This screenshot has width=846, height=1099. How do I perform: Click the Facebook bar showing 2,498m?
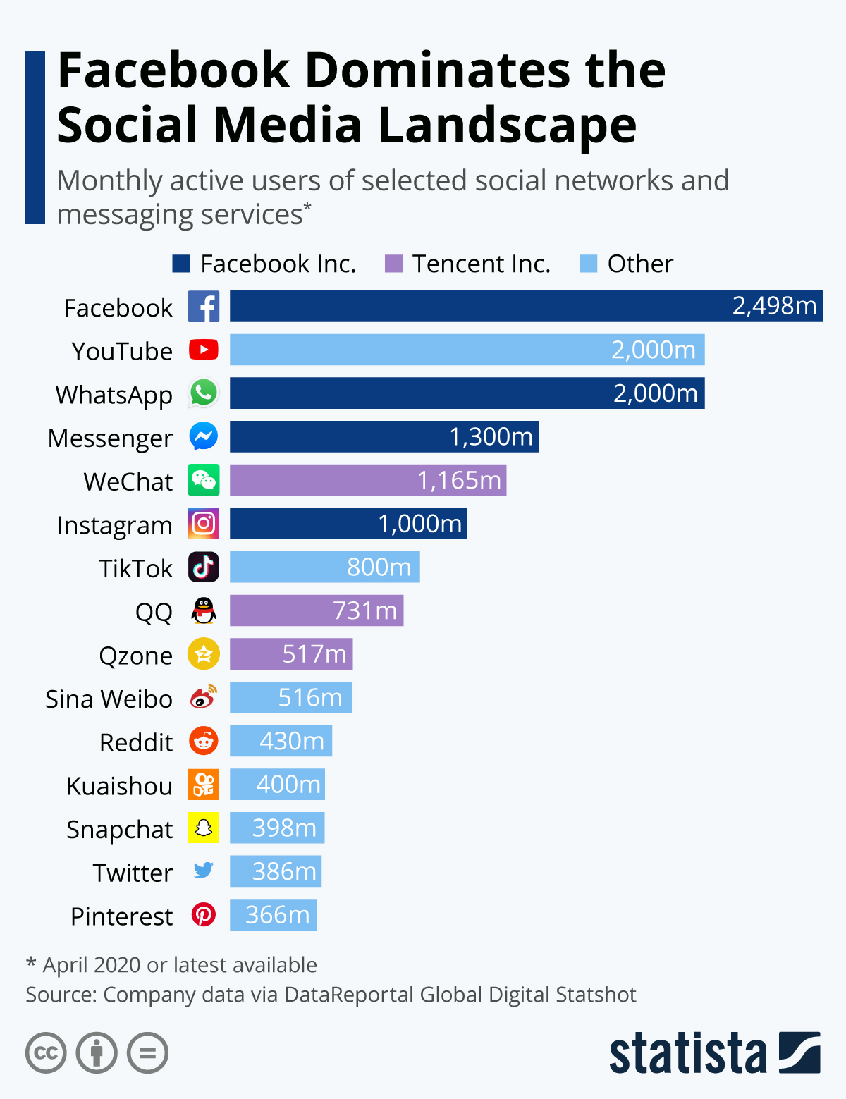tap(525, 307)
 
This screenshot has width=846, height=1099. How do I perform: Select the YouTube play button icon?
tap(204, 350)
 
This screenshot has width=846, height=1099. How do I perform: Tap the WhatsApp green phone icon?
tap(204, 393)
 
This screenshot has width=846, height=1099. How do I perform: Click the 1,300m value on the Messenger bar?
tap(491, 437)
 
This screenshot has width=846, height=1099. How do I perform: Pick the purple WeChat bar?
tap(367, 480)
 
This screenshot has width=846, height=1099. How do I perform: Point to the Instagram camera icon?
tap(204, 524)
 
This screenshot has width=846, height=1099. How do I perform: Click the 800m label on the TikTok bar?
tap(379, 567)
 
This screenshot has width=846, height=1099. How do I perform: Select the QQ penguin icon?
tap(204, 610)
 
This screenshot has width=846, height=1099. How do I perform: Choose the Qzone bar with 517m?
tap(290, 654)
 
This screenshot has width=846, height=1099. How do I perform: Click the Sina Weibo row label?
tap(109, 699)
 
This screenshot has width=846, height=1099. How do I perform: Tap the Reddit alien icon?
tap(204, 742)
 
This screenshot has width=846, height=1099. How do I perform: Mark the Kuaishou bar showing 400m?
tap(277, 785)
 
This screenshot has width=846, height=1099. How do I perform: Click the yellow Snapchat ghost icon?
tap(204, 828)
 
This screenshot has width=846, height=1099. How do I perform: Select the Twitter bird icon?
tap(204, 871)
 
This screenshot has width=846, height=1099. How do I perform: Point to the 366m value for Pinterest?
tap(277, 915)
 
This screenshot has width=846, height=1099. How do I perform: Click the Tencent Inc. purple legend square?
tap(393, 264)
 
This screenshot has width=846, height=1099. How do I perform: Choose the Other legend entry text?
tap(640, 264)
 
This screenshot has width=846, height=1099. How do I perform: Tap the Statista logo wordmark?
tap(687, 1054)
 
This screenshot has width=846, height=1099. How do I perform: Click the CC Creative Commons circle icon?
tap(46, 1053)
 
